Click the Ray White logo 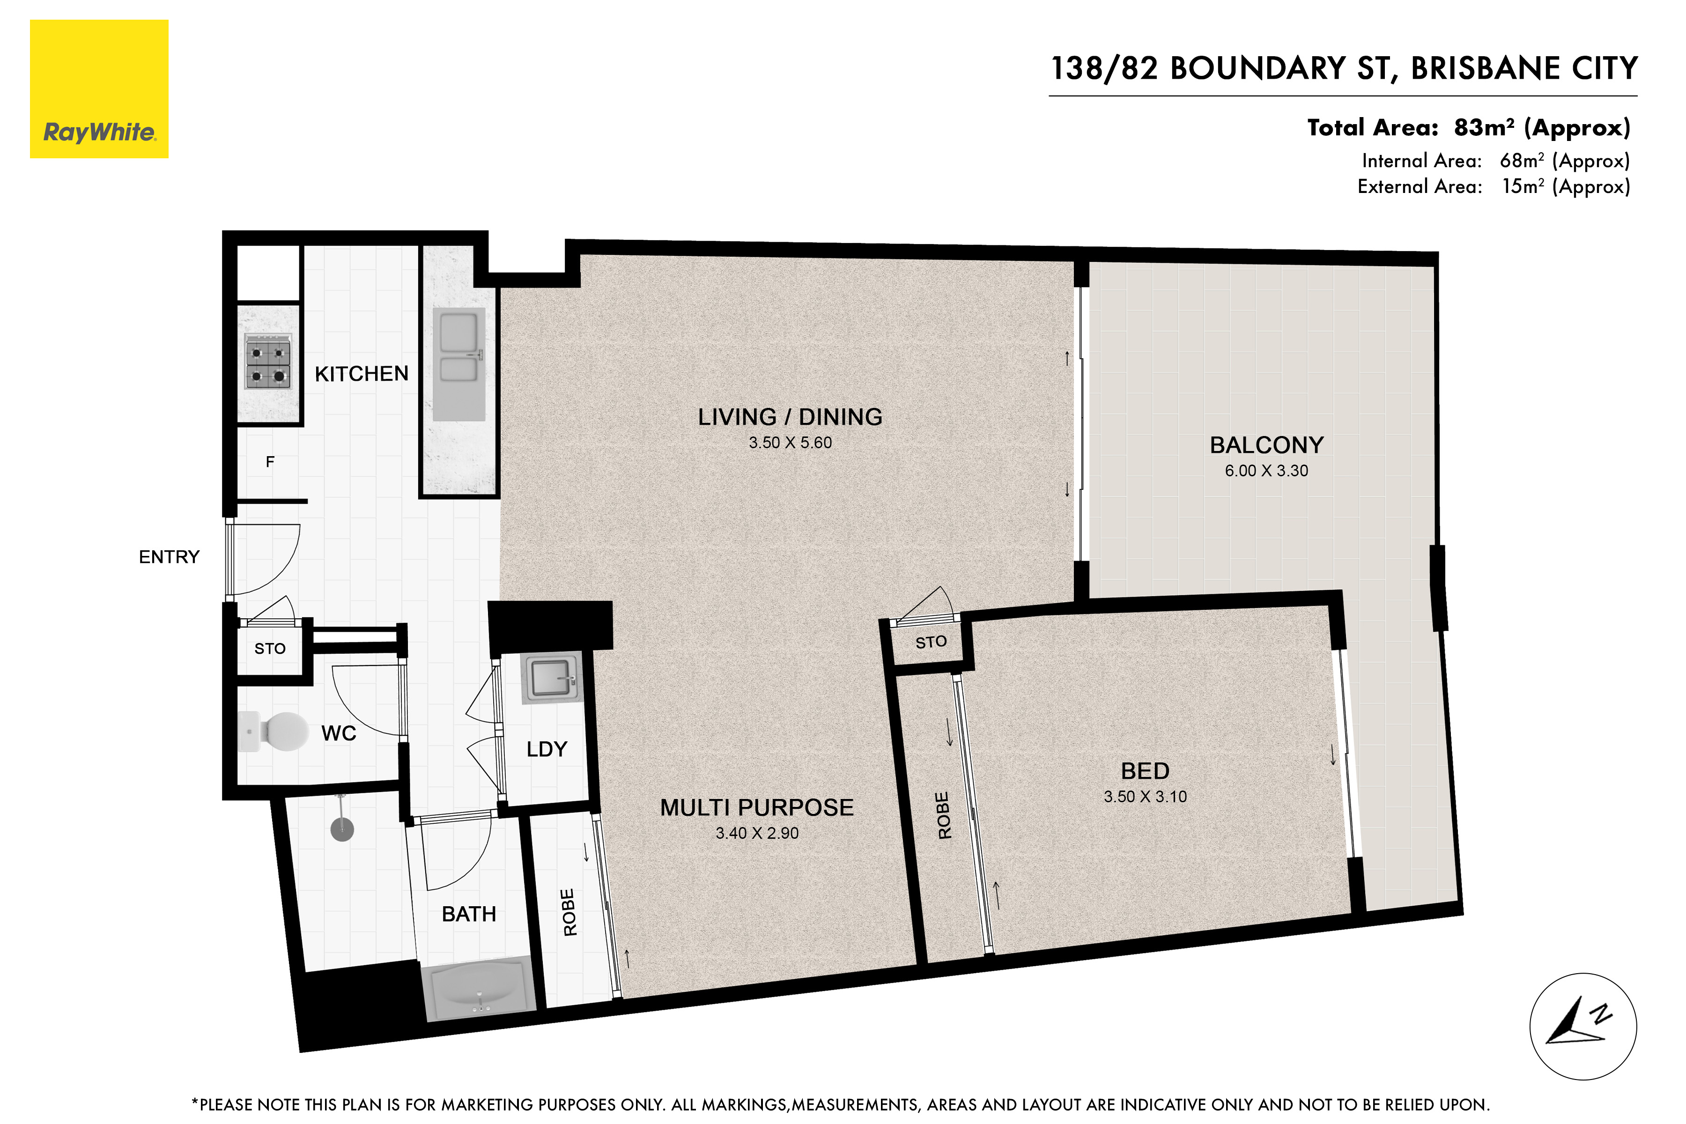point(99,89)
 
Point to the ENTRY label point(169,557)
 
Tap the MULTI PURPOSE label point(757,808)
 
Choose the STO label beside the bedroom point(931,642)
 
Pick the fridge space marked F point(270,462)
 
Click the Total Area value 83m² point(1484,127)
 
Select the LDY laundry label point(547,749)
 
